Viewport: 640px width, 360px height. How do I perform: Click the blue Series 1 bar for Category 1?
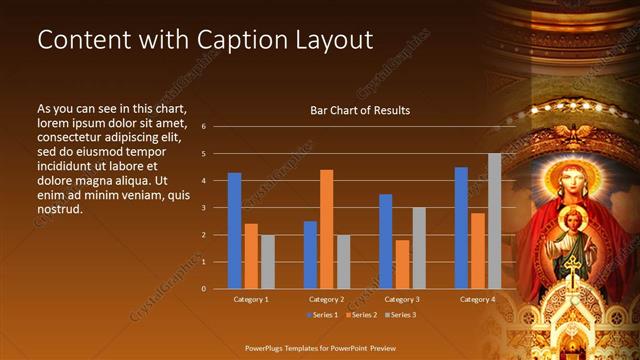click(x=234, y=231)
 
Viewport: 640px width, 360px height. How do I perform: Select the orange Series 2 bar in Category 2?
click(x=326, y=229)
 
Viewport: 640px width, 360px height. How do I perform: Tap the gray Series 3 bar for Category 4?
click(x=494, y=221)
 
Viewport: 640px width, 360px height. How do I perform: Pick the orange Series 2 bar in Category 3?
click(x=402, y=264)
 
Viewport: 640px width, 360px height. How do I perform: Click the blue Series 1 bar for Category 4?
click(x=461, y=228)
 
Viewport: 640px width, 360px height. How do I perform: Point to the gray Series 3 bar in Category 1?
click(x=267, y=262)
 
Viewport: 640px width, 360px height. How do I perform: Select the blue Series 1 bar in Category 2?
click(x=310, y=255)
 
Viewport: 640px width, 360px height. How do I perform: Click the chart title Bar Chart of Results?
click(x=360, y=110)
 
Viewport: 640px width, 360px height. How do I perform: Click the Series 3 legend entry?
click(x=400, y=315)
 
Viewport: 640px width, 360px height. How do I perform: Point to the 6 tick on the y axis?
click(x=203, y=127)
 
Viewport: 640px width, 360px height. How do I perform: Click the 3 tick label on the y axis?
click(x=203, y=208)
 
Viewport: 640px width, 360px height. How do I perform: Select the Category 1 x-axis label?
click(x=251, y=299)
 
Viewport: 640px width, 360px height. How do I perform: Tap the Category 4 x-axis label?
click(x=478, y=299)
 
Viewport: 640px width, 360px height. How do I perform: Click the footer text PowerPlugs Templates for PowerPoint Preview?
click(x=319, y=349)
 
